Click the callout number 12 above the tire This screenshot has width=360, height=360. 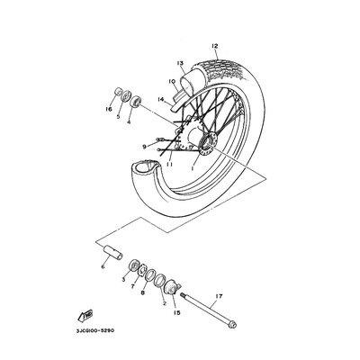click(214, 46)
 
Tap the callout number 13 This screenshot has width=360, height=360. click(180, 63)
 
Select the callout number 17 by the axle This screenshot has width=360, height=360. click(219, 296)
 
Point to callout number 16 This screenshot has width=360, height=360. click(109, 109)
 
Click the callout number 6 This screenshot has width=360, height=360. click(103, 266)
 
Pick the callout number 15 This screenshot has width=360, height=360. click(176, 312)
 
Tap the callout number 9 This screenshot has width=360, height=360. click(145, 147)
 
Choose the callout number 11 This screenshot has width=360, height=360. click(169, 164)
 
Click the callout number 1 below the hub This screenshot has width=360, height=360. click(193, 168)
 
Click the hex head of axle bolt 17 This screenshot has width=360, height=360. click(232, 325)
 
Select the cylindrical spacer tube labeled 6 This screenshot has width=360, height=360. click(113, 253)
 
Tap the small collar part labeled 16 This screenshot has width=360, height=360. click(119, 91)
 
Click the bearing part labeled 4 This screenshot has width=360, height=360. click(136, 101)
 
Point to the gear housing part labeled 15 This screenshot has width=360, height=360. click(172, 286)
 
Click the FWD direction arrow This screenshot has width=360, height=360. click(85, 315)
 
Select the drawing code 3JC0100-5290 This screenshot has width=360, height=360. click(93, 330)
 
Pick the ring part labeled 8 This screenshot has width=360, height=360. click(150, 276)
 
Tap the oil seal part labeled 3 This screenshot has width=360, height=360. click(133, 266)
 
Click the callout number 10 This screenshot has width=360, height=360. click(171, 81)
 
